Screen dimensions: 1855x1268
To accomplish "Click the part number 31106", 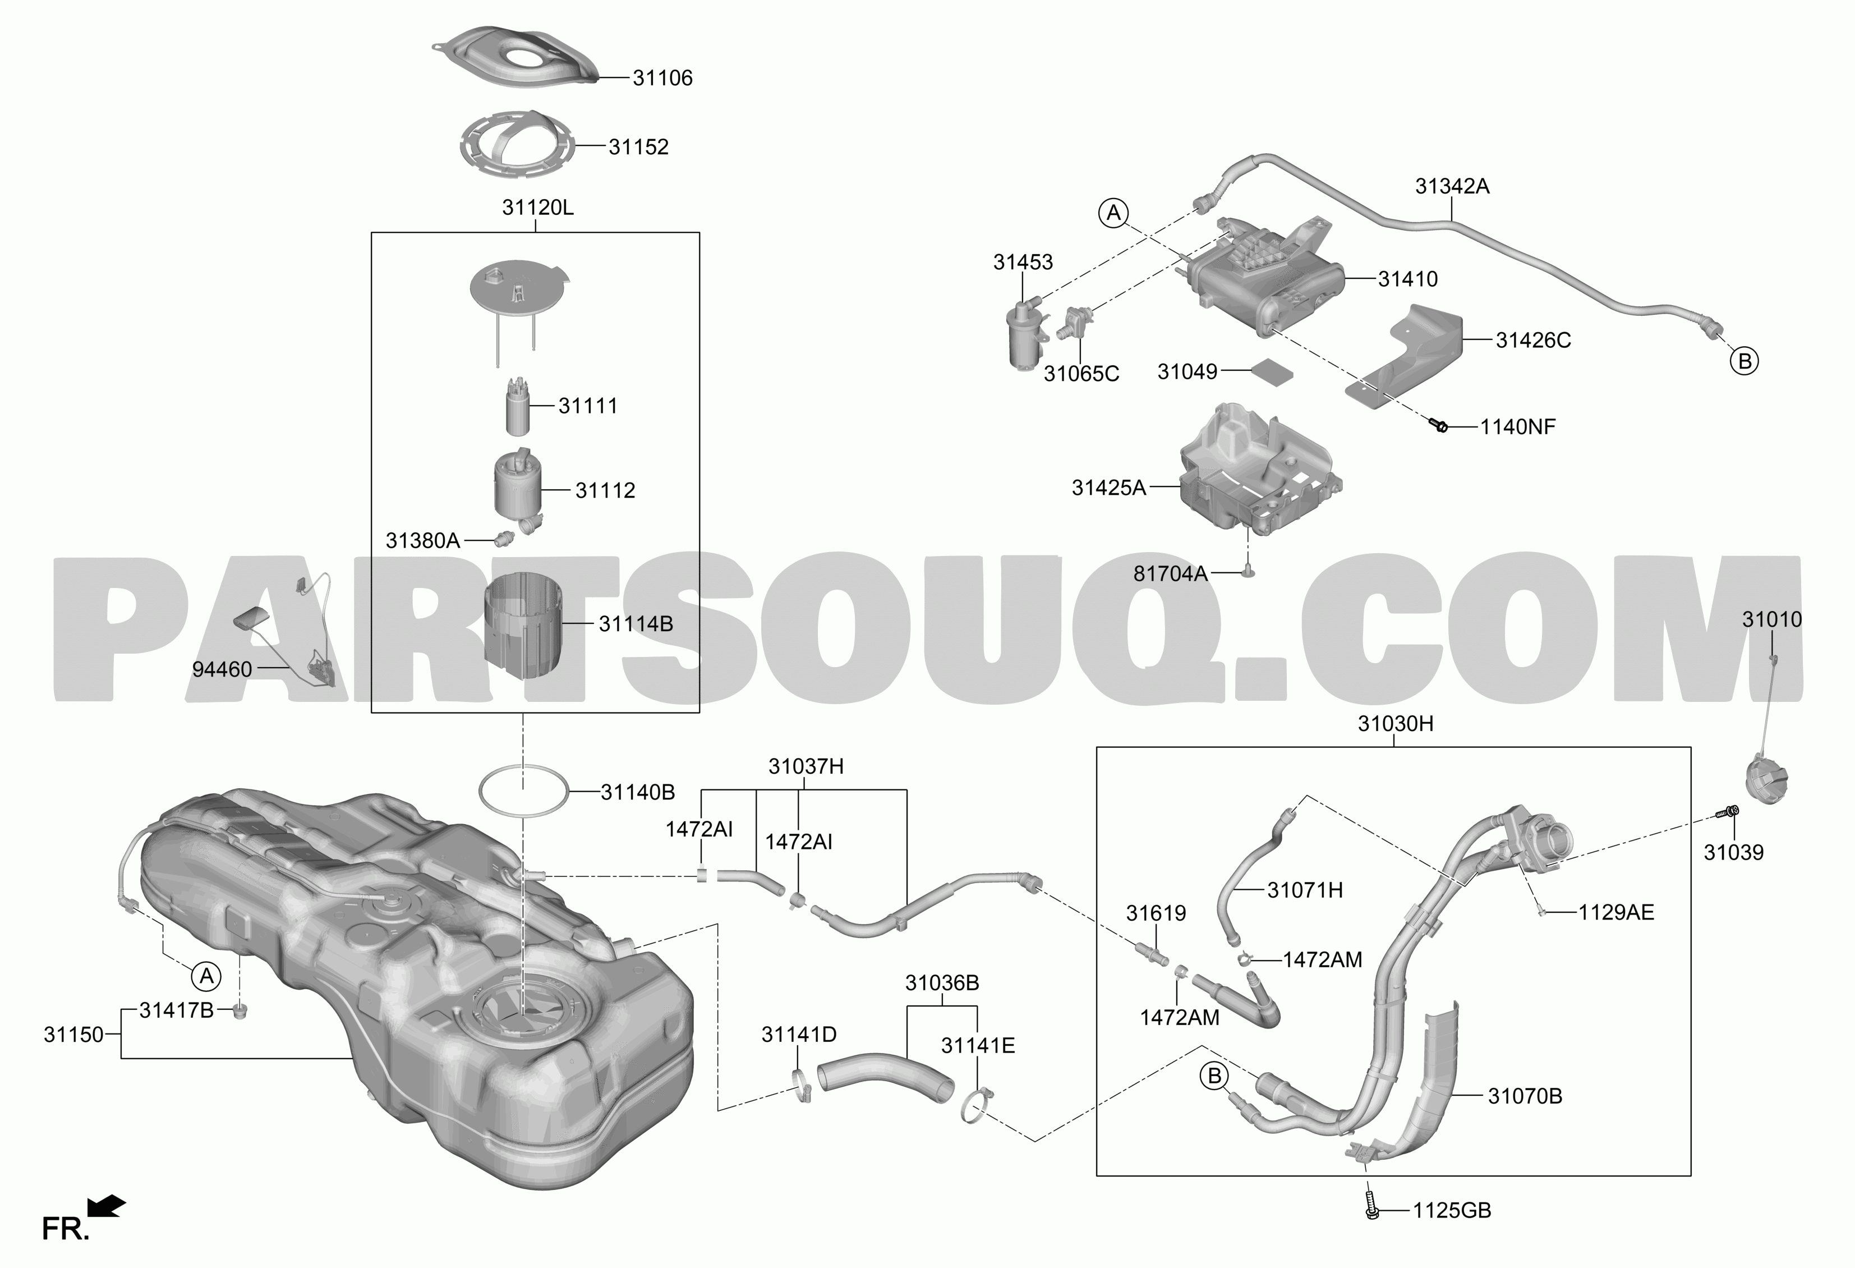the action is coord(662,78).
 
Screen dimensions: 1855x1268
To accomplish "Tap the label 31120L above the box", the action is coord(538,208).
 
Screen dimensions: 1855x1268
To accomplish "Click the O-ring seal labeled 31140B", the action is coord(523,791).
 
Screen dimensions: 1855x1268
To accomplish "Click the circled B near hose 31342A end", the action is coord(1745,361).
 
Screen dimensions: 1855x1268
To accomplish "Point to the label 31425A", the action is coord(1109,488).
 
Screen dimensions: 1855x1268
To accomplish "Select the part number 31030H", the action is coord(1395,724).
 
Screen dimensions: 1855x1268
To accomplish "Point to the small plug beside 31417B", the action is coord(240,1013).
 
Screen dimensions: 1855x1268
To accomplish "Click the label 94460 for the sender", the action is coord(222,669).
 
